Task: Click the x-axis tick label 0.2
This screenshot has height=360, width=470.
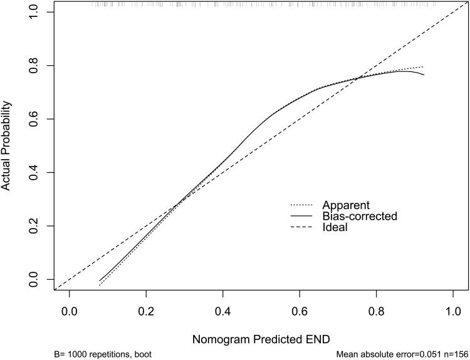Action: click(146, 310)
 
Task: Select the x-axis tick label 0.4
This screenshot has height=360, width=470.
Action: click(222, 310)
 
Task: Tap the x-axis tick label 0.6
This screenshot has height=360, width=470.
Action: click(300, 310)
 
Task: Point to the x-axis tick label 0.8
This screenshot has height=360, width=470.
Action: click(376, 310)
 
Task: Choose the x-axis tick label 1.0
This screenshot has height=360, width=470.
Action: click(453, 310)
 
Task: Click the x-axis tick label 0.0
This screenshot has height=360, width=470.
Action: click(69, 310)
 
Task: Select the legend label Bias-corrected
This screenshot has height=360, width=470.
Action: click(360, 216)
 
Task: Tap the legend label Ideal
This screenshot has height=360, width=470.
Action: click(335, 228)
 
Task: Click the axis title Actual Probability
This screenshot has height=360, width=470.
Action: click(8, 145)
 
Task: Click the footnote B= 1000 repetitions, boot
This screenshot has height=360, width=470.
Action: click(103, 354)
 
